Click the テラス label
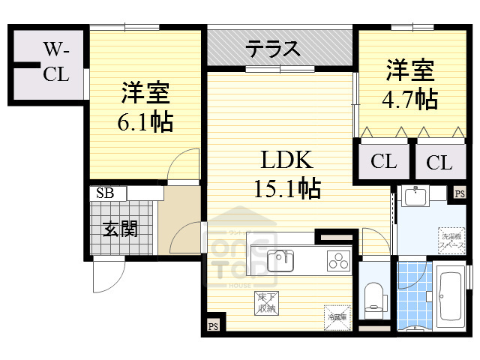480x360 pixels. pos(273,49)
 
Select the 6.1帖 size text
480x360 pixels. pos(145,120)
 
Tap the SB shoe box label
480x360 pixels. pos(104,193)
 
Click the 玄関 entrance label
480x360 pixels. pos(120,228)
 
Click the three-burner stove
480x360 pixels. pos(337,262)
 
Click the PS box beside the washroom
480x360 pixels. pos(459,193)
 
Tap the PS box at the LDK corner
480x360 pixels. pos(213,326)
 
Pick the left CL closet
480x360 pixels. pos(383,161)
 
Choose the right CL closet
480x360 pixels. pos(439,161)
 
